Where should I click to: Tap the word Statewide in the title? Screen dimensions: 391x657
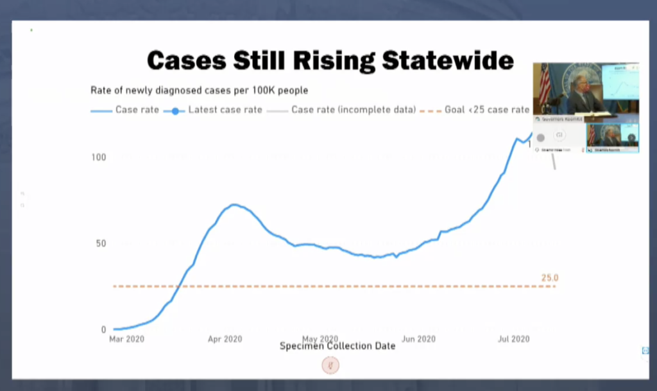click(448, 60)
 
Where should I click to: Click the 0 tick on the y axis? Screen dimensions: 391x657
click(103, 329)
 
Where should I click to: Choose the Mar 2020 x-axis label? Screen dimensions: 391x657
click(126, 339)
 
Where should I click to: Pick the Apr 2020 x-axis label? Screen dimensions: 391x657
click(225, 339)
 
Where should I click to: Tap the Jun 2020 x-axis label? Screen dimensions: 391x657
click(418, 339)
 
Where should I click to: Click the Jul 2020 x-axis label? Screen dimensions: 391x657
click(513, 339)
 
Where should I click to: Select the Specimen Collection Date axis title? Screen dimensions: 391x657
click(337, 346)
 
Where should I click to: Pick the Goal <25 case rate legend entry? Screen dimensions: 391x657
click(486, 110)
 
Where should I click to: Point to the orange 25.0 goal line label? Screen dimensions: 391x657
click(550, 278)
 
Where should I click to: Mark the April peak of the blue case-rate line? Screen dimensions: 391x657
click(234, 205)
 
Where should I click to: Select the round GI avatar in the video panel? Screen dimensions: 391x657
click(559, 135)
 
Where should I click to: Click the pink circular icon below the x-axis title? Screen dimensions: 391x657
click(330, 365)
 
